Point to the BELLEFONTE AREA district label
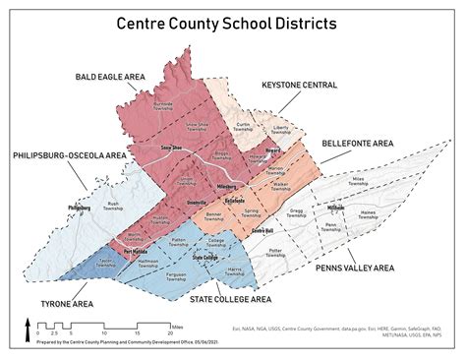pos(357,143)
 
